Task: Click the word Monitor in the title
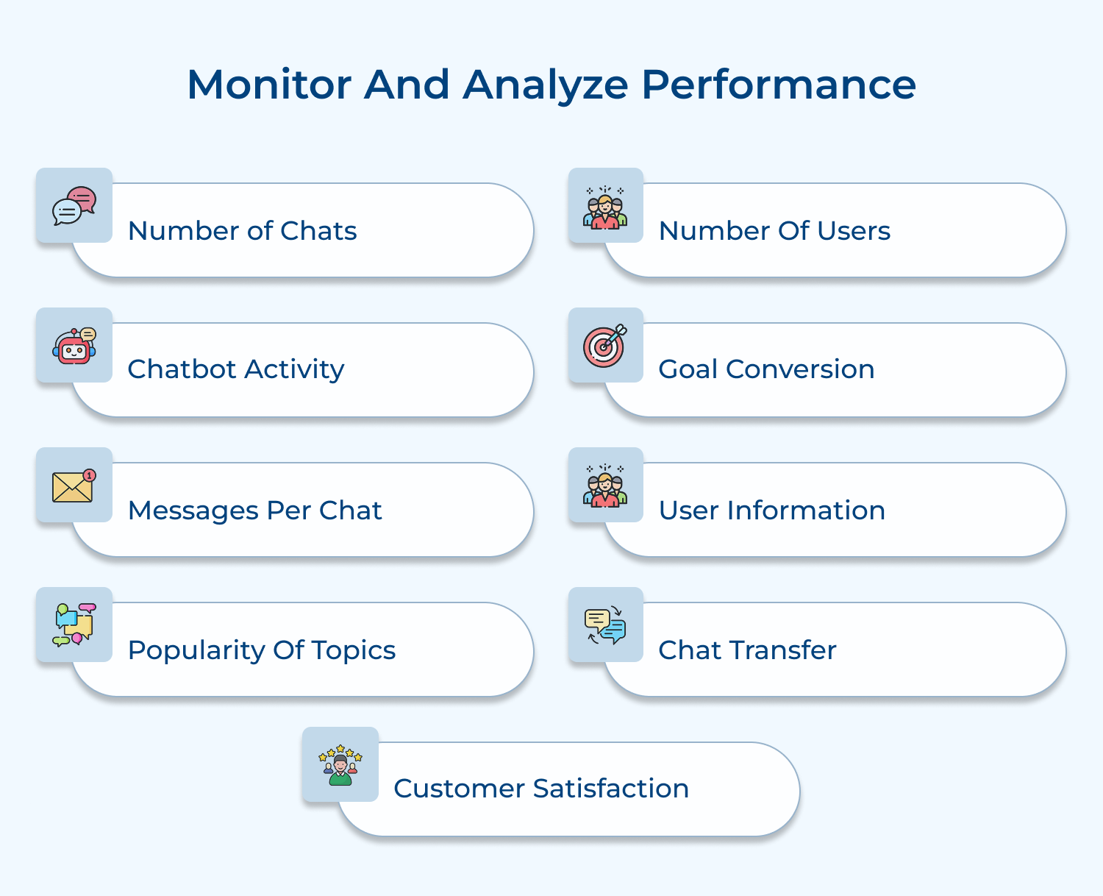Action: pos(268,84)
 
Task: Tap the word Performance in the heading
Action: pos(778,84)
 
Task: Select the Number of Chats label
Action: pos(242,231)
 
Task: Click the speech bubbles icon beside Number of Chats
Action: pos(74,206)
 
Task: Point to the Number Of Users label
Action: pos(774,231)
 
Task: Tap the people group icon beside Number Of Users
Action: pos(605,207)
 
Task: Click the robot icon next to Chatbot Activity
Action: pos(74,346)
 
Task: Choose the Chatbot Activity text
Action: pos(235,369)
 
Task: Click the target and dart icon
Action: pos(605,346)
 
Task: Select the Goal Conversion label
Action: pos(766,369)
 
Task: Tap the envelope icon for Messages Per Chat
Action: pos(73,487)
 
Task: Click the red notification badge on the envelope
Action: pos(90,475)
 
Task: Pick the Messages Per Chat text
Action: pos(254,511)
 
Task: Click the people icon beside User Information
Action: pos(605,486)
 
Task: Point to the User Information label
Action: pos(771,511)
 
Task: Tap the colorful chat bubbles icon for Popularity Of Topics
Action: pos(74,625)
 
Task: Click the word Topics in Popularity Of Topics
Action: pos(354,650)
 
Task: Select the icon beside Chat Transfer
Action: pos(605,625)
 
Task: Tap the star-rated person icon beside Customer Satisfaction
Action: pos(340,765)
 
